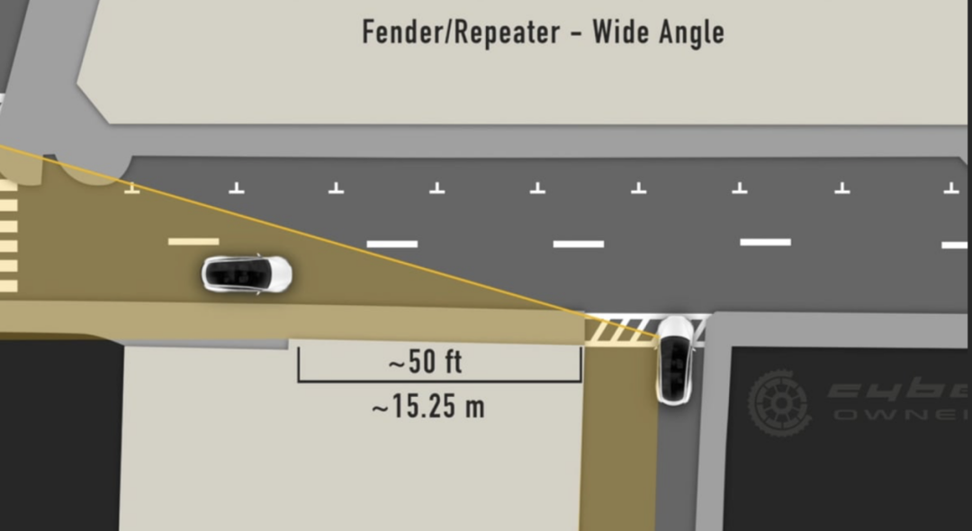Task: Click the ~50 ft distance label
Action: (426, 363)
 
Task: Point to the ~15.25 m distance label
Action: (427, 407)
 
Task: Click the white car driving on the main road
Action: (247, 274)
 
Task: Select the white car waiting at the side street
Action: (674, 359)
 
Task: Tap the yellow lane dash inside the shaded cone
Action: (193, 241)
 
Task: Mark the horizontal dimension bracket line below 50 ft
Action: (439, 381)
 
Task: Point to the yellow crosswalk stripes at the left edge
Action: (8, 234)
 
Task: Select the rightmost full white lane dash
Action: (765, 241)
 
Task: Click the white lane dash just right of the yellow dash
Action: (392, 243)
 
